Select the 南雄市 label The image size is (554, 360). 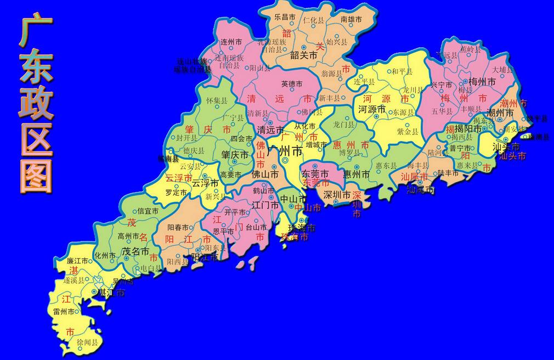pyautogui.click(x=352, y=19)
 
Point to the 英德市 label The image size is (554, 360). pyautogui.click(x=292, y=85)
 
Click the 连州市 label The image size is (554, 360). pyautogui.click(x=230, y=42)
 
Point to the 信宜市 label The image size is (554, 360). pyautogui.click(x=148, y=211)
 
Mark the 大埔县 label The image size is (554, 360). pyautogui.click(x=502, y=70)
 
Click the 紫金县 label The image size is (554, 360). pyautogui.click(x=408, y=132)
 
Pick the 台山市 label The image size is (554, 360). pyautogui.click(x=256, y=226)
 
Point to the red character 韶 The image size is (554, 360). pyautogui.click(x=287, y=33)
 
